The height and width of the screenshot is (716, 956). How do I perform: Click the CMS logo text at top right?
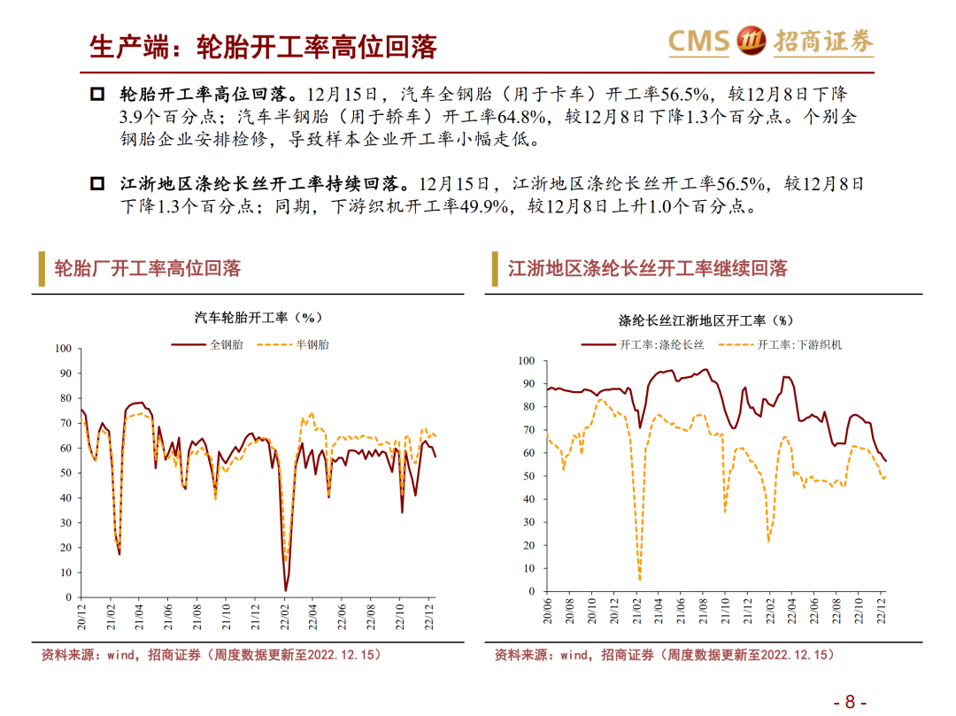pyautogui.click(x=698, y=41)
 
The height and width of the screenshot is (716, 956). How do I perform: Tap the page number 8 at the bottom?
pyautogui.click(x=850, y=702)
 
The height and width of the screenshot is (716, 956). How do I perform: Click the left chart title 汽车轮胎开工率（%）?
pyautogui.click(x=258, y=317)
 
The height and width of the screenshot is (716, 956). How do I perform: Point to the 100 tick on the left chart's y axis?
pyautogui.click(x=63, y=349)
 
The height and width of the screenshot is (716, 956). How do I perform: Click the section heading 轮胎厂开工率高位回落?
pyautogui.click(x=147, y=268)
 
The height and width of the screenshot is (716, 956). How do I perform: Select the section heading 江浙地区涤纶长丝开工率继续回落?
pyautogui.click(x=647, y=268)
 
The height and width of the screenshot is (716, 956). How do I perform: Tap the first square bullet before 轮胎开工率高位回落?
pyautogui.click(x=98, y=94)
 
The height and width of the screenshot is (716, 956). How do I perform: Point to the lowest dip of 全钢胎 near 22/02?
pyautogui.click(x=286, y=589)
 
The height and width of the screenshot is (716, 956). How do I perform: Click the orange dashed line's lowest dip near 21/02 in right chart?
pyautogui.click(x=639, y=580)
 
